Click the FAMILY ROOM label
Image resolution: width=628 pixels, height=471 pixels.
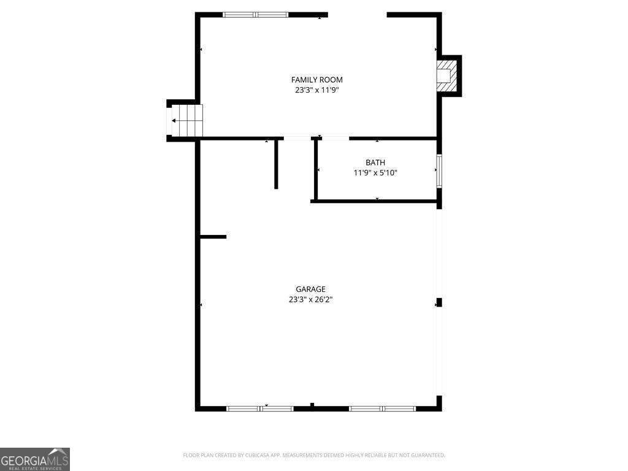tap(316, 80)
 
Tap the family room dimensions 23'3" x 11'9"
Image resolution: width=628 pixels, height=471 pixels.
tap(316, 90)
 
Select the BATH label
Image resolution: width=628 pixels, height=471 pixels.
tap(375, 163)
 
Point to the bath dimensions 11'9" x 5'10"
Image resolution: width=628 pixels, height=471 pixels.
tap(375, 173)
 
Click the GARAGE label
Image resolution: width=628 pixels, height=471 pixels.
tap(310, 289)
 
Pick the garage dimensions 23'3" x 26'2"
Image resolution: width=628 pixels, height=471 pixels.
tap(310, 300)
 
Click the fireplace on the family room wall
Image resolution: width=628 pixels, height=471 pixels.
tap(448, 75)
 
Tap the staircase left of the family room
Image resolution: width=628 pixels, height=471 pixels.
tap(186, 120)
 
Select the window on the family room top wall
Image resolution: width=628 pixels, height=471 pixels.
tap(256, 15)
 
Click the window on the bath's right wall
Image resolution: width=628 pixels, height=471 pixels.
tap(439, 170)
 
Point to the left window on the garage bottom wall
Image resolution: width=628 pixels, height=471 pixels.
tap(260, 408)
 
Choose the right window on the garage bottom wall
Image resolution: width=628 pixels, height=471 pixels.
tap(382, 408)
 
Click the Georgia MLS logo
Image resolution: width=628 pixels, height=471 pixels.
tap(35, 459)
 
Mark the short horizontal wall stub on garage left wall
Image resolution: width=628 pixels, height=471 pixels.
tap(213, 237)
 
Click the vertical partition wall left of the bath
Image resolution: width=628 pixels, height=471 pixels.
tap(277, 164)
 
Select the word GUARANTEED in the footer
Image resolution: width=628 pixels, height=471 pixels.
tap(424, 455)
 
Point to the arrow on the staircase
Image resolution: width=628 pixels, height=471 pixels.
tap(175, 121)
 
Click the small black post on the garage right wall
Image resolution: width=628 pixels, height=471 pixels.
tap(438, 302)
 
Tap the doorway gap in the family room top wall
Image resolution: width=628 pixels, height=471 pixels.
tap(357, 15)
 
